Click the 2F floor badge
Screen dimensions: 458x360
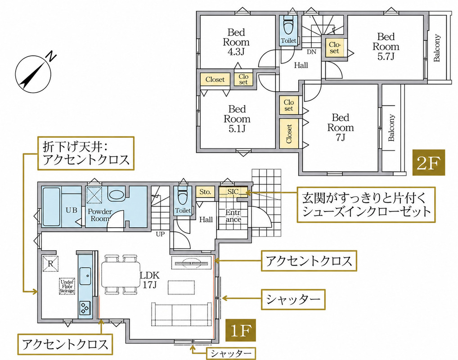point(428,162)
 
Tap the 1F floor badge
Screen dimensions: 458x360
point(241,330)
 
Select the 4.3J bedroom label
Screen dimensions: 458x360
point(236,41)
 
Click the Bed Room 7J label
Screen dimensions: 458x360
point(340,127)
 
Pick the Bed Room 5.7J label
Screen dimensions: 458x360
point(386,46)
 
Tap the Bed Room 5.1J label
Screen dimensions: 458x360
point(237,119)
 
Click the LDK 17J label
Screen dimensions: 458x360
point(149,279)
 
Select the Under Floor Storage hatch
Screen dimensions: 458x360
point(67,286)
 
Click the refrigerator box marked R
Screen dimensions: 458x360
point(50,264)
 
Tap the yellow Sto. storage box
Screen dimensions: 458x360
point(205,192)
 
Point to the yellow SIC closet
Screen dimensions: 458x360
point(233,192)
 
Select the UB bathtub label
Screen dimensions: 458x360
point(71,210)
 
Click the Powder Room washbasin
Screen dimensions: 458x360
point(116,194)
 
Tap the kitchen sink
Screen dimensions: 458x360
point(85,275)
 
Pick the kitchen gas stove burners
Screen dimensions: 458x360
point(85,308)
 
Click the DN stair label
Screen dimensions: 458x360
point(312,52)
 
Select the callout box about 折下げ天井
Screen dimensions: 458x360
point(86,153)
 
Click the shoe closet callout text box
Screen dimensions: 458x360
point(366,205)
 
